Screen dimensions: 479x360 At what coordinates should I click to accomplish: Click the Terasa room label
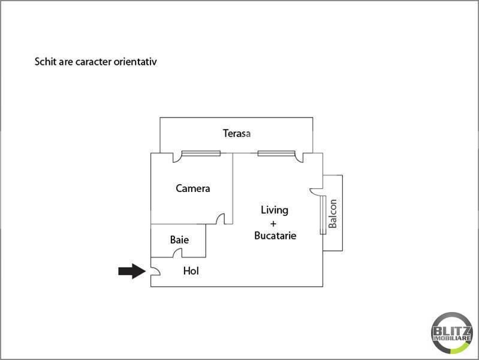(x=236, y=133)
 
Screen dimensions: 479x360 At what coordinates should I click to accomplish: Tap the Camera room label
(x=193, y=188)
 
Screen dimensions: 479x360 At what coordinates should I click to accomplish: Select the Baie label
(x=179, y=239)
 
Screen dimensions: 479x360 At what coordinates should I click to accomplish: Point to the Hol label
(x=191, y=271)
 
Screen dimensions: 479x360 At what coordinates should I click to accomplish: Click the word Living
(x=275, y=211)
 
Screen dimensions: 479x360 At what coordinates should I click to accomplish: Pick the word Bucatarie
(x=275, y=236)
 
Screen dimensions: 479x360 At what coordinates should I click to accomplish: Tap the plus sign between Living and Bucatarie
(x=273, y=224)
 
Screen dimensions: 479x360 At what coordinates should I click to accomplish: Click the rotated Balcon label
(x=333, y=214)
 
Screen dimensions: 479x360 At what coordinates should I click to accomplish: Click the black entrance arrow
(x=132, y=271)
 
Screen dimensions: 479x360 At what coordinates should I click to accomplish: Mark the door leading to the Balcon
(x=316, y=191)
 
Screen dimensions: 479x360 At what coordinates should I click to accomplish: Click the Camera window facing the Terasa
(x=201, y=153)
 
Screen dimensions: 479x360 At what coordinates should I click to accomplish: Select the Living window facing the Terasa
(x=276, y=153)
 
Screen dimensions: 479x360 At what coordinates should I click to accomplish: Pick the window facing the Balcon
(x=323, y=215)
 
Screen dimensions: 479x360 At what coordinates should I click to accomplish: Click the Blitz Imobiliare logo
(x=452, y=332)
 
